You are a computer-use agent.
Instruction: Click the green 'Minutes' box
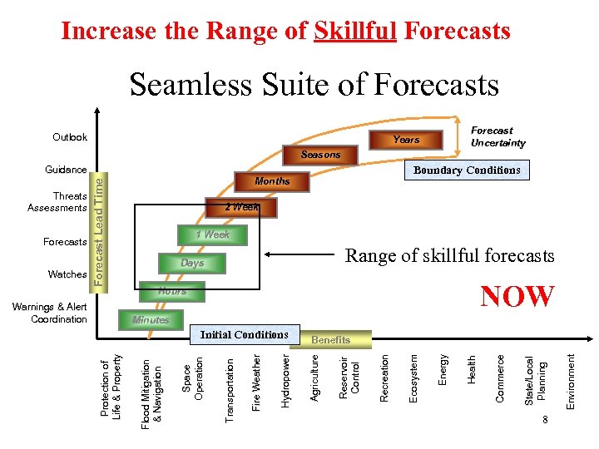click(151, 320)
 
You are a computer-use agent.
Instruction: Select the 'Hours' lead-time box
click(173, 292)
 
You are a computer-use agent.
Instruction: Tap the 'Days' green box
click(192, 264)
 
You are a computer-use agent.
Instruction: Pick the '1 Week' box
click(213, 235)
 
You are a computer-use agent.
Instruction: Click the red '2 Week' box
click(242, 207)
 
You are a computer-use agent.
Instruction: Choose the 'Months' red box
click(272, 180)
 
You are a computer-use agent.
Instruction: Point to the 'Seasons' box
click(320, 155)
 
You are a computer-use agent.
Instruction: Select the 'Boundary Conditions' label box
click(467, 170)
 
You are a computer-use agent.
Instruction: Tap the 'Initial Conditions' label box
click(244, 335)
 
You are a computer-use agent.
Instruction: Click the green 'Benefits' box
click(330, 339)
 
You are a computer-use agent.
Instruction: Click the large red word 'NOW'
click(517, 297)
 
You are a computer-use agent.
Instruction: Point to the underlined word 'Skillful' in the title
click(355, 32)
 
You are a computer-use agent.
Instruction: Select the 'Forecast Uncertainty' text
click(498, 136)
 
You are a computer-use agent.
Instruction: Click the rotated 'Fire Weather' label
click(257, 382)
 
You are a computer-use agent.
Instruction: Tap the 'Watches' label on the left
click(67, 274)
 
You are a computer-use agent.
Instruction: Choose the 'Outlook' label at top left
click(70, 137)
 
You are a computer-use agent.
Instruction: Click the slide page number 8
click(543, 418)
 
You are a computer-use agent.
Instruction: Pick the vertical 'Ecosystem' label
click(413, 379)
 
